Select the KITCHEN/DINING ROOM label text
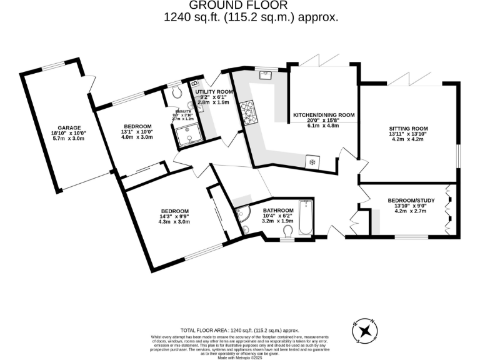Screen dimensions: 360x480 tap(324, 115)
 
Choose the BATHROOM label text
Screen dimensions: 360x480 tap(278, 210)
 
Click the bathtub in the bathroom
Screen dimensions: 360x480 tap(306, 218)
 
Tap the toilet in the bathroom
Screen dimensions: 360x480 tap(288, 232)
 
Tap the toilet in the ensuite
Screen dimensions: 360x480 tap(176, 92)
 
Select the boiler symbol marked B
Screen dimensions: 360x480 tap(194, 83)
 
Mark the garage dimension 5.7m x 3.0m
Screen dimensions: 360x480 tap(67, 137)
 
